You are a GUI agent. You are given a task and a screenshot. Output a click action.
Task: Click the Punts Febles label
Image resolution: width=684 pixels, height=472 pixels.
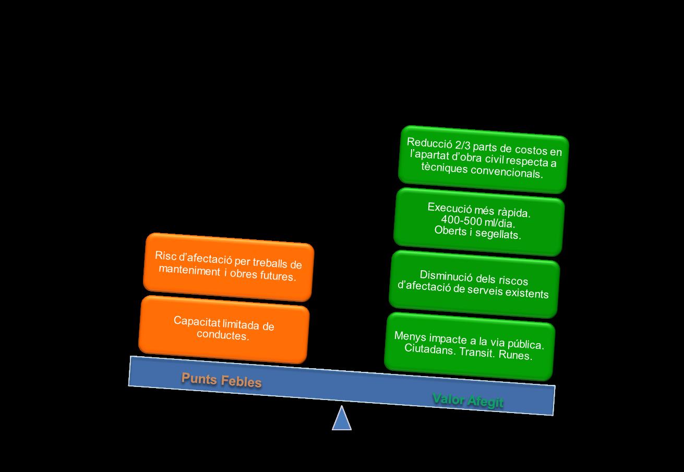(221, 380)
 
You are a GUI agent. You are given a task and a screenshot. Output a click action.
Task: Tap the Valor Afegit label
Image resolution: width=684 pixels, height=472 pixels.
(468, 401)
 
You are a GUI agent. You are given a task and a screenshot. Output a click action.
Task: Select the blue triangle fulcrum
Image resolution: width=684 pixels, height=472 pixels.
(342, 419)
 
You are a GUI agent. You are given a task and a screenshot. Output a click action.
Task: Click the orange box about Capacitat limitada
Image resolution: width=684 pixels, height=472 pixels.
(224, 329)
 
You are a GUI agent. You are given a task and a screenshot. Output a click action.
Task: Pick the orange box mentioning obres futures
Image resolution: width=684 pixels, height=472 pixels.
(229, 267)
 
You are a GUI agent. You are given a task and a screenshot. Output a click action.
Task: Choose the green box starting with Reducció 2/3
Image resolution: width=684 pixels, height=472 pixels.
(483, 159)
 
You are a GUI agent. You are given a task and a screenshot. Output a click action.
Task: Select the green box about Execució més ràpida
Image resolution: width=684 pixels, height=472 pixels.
(479, 222)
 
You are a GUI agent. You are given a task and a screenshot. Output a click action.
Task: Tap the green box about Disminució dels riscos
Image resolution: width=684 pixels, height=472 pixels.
(474, 284)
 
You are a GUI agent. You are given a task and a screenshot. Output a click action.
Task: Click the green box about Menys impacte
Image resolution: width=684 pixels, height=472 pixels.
(469, 347)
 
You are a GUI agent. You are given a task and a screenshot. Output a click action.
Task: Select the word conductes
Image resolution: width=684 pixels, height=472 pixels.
(223, 335)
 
